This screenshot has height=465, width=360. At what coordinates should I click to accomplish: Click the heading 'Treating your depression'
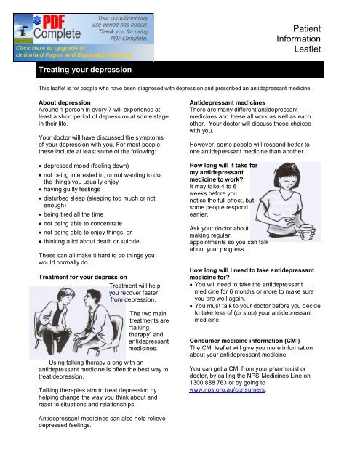(85, 70)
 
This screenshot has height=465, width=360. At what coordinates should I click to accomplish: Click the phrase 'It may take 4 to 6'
(222, 186)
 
